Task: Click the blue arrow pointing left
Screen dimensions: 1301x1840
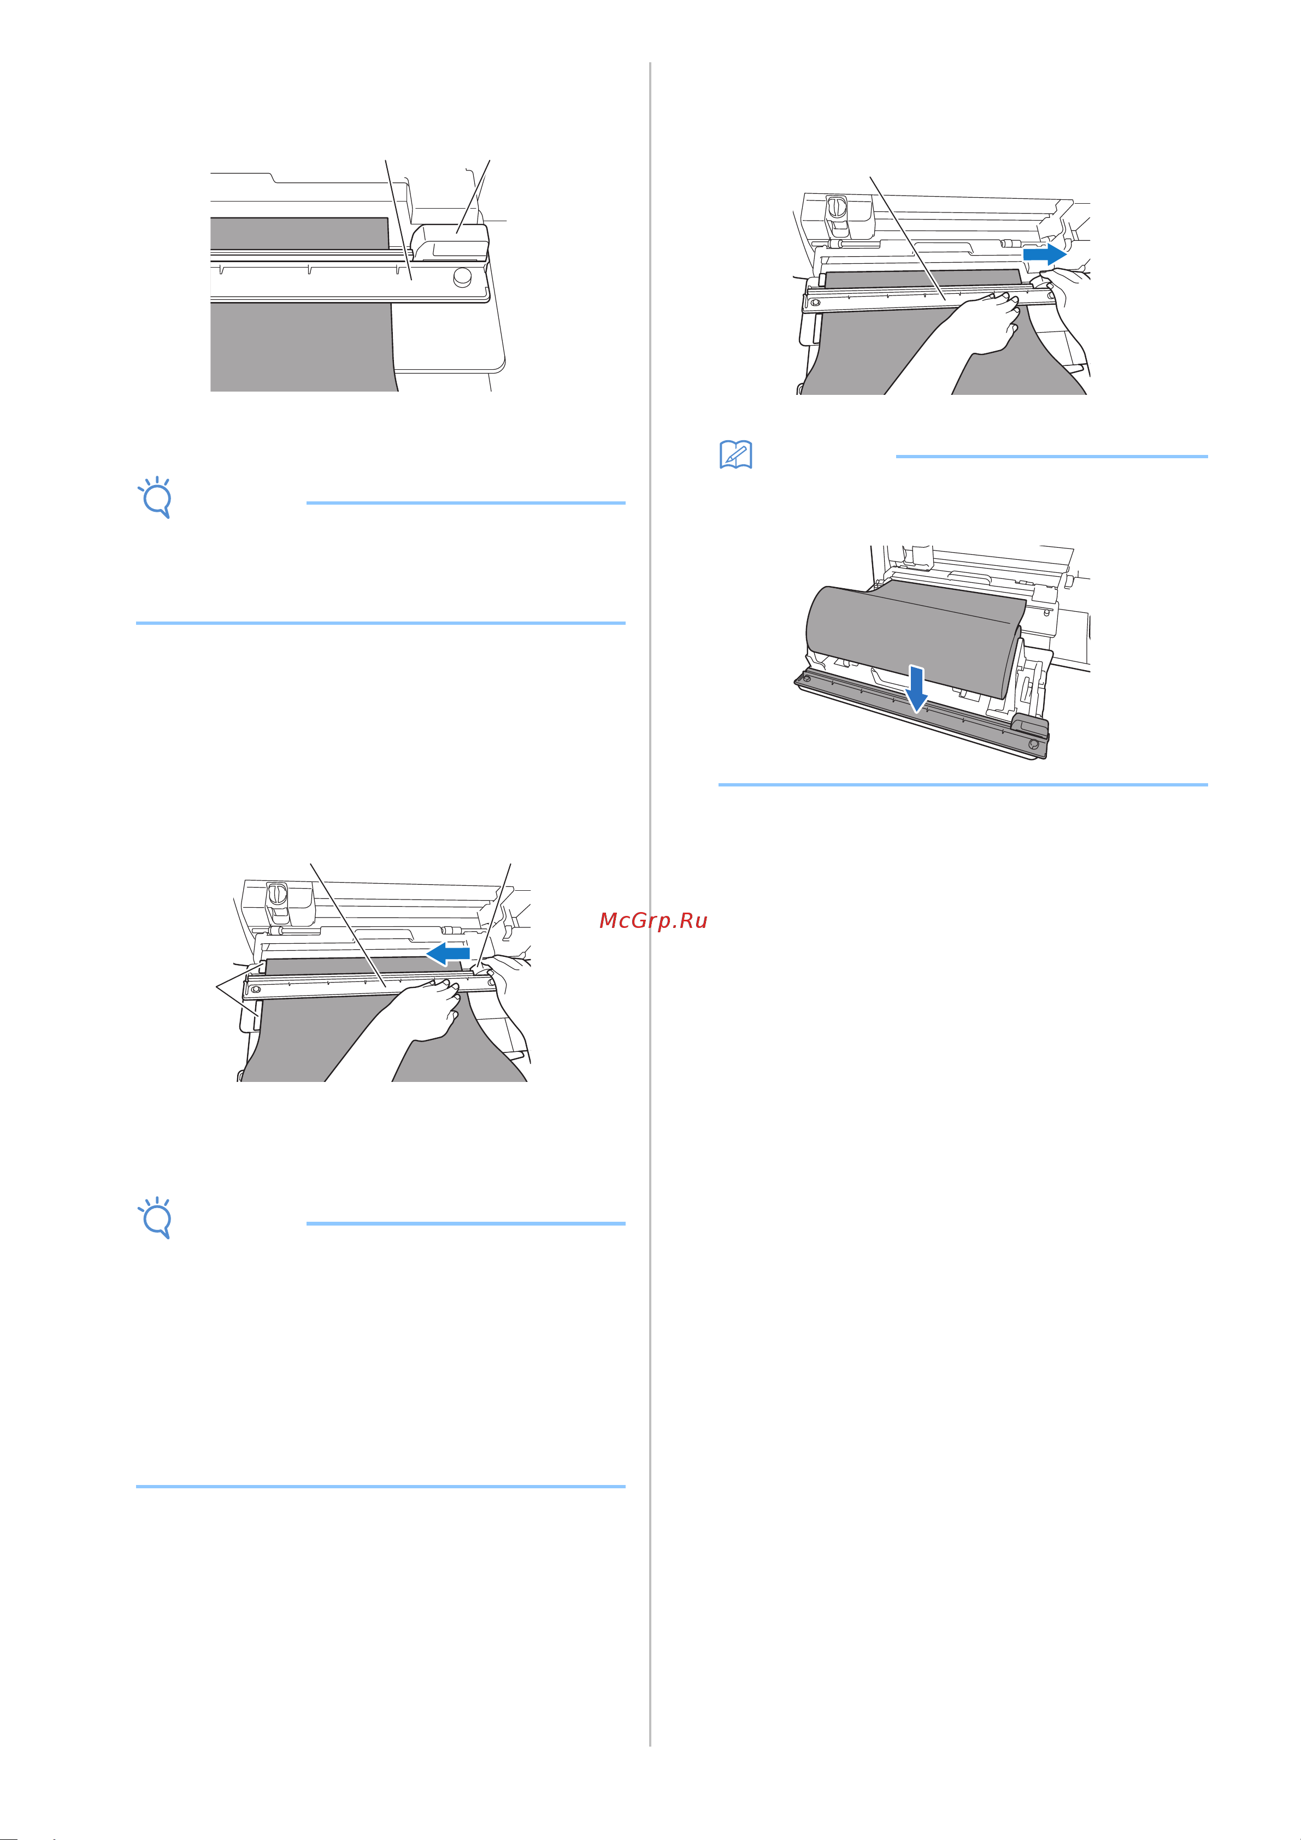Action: pos(448,954)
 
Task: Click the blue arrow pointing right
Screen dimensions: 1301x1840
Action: pos(1045,254)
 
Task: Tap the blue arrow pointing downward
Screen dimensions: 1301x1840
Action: pos(917,690)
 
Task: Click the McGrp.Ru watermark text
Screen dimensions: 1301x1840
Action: pos(654,921)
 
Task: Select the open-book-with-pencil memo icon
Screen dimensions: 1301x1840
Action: pos(736,454)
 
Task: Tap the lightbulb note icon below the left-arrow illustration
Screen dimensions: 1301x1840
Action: pos(156,1218)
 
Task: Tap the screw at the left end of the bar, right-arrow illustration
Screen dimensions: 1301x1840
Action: pos(815,304)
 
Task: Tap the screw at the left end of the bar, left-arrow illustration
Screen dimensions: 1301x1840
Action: pos(256,991)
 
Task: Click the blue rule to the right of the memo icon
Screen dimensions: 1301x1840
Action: pos(1051,457)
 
